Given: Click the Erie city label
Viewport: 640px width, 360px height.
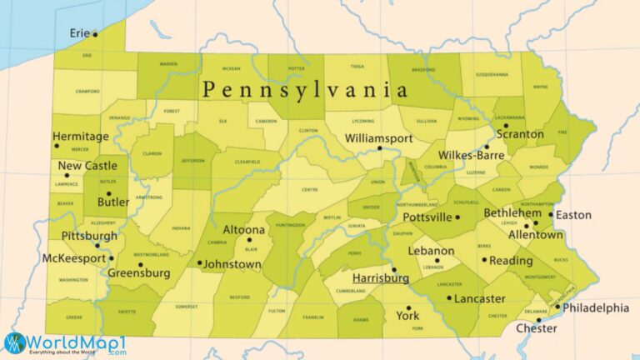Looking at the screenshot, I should (x=80, y=33).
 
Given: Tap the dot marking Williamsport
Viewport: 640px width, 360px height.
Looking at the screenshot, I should (x=379, y=148).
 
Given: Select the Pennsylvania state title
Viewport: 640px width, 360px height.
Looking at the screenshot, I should (x=305, y=90).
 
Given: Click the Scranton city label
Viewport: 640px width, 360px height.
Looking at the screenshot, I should (x=520, y=134).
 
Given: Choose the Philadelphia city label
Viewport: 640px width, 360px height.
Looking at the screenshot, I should (x=596, y=308).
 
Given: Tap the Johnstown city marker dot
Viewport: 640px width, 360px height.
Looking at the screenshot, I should (x=200, y=263).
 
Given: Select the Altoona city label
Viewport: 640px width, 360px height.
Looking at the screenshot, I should (x=244, y=230).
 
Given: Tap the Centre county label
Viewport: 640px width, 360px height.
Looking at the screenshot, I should (x=309, y=190).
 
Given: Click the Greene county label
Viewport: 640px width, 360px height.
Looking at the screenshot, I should (x=73, y=317).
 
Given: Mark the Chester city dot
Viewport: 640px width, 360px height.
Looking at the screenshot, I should (x=539, y=320).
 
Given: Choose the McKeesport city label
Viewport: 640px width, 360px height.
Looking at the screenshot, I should (x=73, y=258).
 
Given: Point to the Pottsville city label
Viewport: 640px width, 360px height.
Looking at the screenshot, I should (x=427, y=217).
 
